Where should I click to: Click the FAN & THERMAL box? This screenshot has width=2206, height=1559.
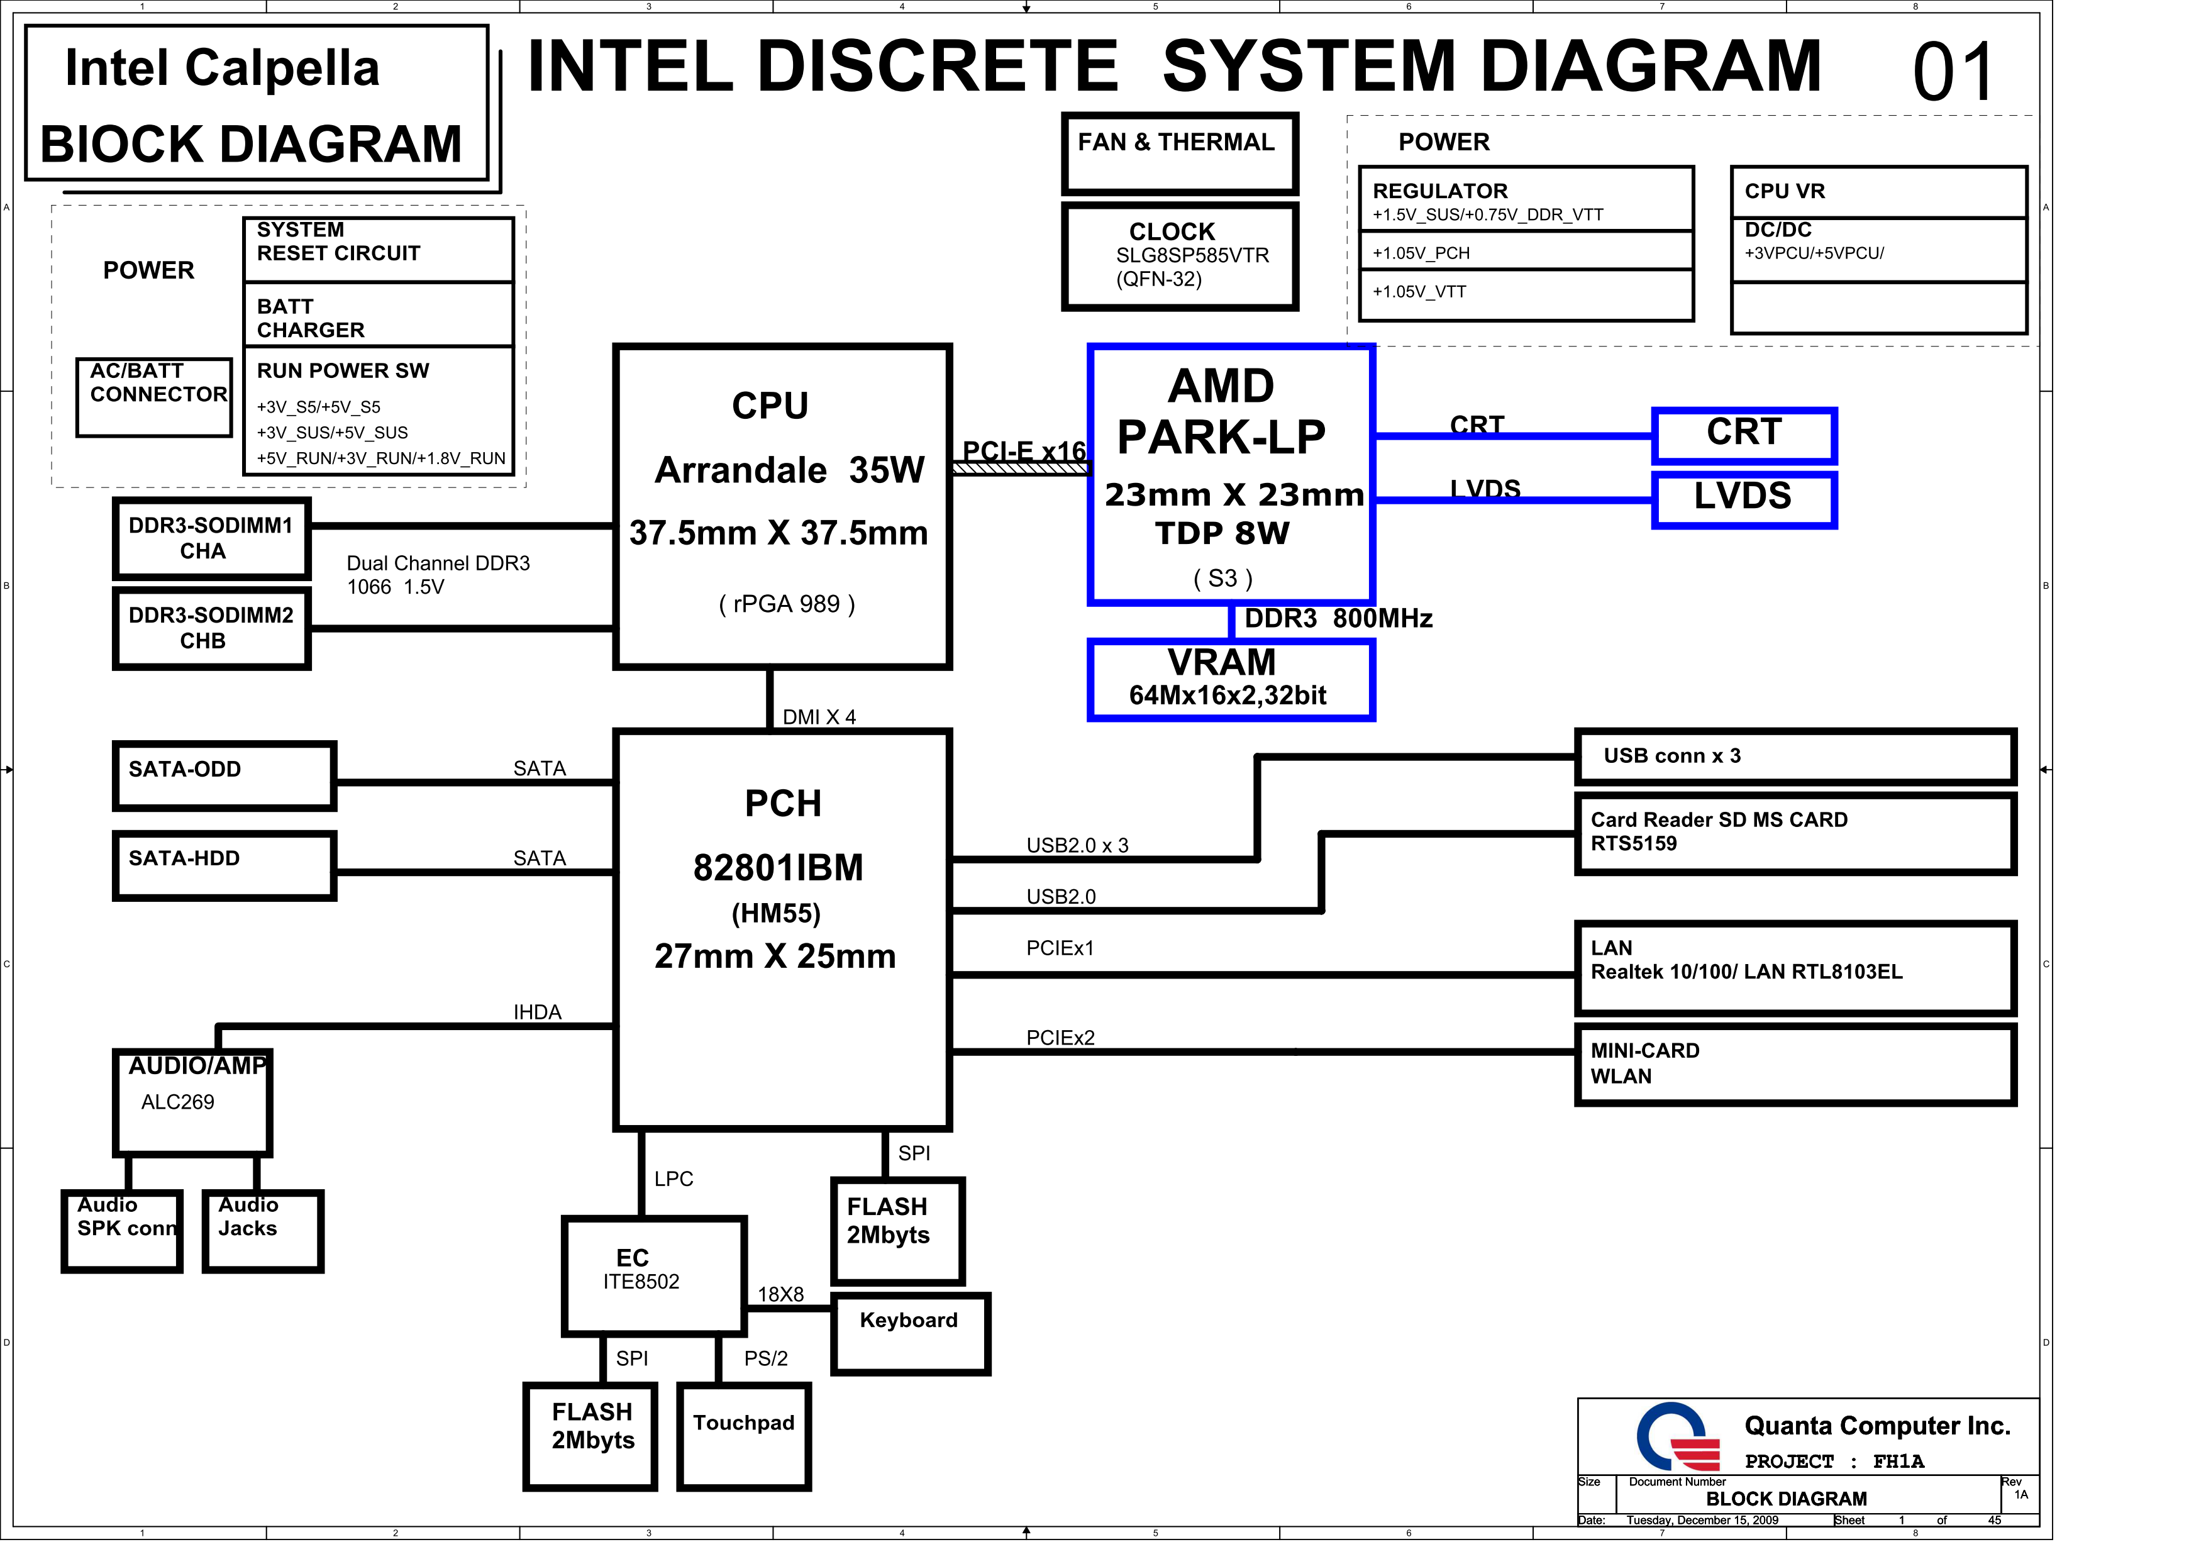click(x=1180, y=153)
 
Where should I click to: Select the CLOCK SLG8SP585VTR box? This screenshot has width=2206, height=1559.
click(x=1180, y=255)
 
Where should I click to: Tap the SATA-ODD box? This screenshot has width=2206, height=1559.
click(x=225, y=776)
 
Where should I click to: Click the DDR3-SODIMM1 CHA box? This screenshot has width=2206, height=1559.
click(x=211, y=539)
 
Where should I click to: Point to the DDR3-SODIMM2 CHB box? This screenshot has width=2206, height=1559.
click(x=211, y=628)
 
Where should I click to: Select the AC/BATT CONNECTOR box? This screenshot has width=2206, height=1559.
click(x=155, y=397)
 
